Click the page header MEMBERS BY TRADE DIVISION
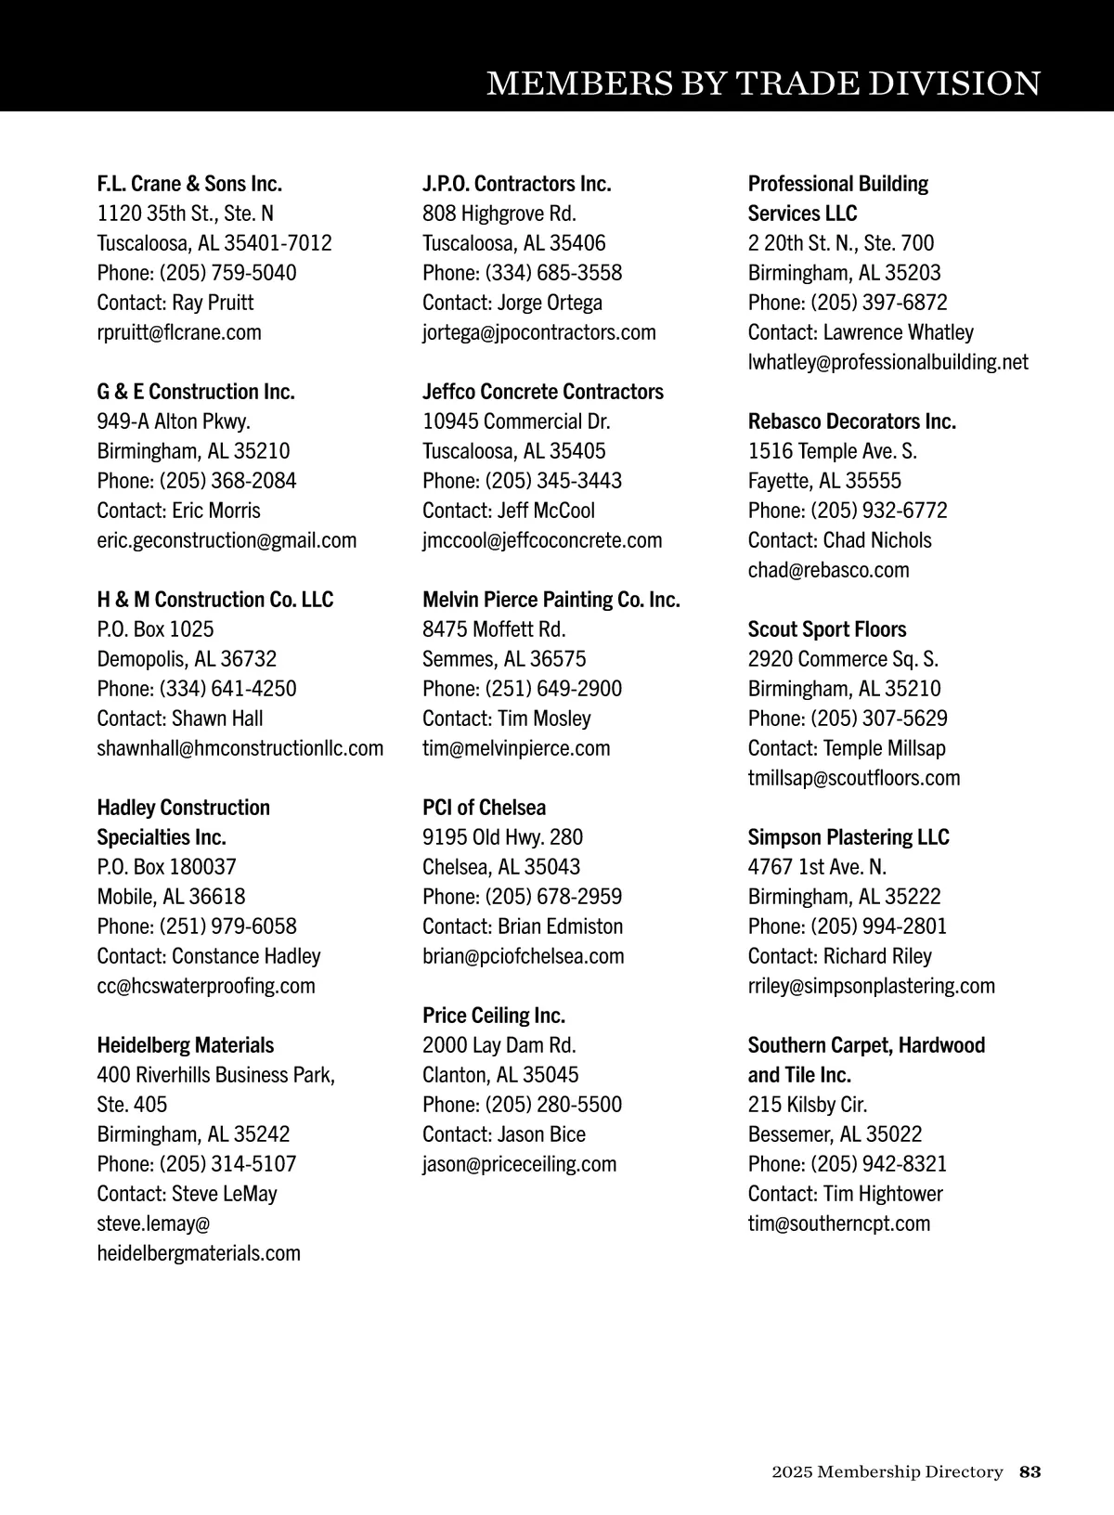pos(763,84)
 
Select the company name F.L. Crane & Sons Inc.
pos(189,184)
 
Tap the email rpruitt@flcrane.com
pos(179,332)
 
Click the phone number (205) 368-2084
pos(228,481)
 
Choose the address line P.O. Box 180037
pos(167,867)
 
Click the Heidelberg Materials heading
pos(186,1045)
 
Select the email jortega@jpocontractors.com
pos(539,332)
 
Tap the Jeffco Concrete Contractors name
pos(543,392)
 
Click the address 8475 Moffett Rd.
pos(494,629)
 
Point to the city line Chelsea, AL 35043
pos(501,867)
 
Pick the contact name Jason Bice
pos(541,1134)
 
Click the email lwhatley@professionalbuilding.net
pos(888,362)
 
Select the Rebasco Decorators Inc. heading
pos(852,421)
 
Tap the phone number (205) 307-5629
pos(879,719)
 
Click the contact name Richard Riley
pos(877,956)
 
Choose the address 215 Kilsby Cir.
pos(808,1105)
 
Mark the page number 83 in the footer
pos(1030,1472)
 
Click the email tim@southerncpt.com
pos(839,1224)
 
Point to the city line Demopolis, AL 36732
pos(188,659)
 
